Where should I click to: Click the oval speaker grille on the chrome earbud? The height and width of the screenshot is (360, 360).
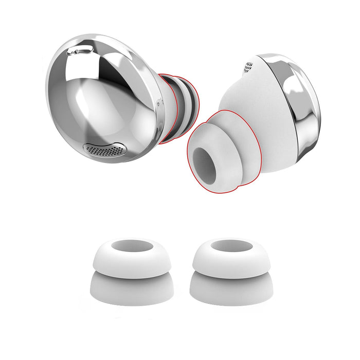point(105,149)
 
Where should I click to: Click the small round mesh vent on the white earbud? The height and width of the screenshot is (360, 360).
point(248,67)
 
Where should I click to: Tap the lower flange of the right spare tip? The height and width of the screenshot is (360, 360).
point(231,291)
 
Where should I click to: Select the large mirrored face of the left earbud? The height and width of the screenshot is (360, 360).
point(103,98)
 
